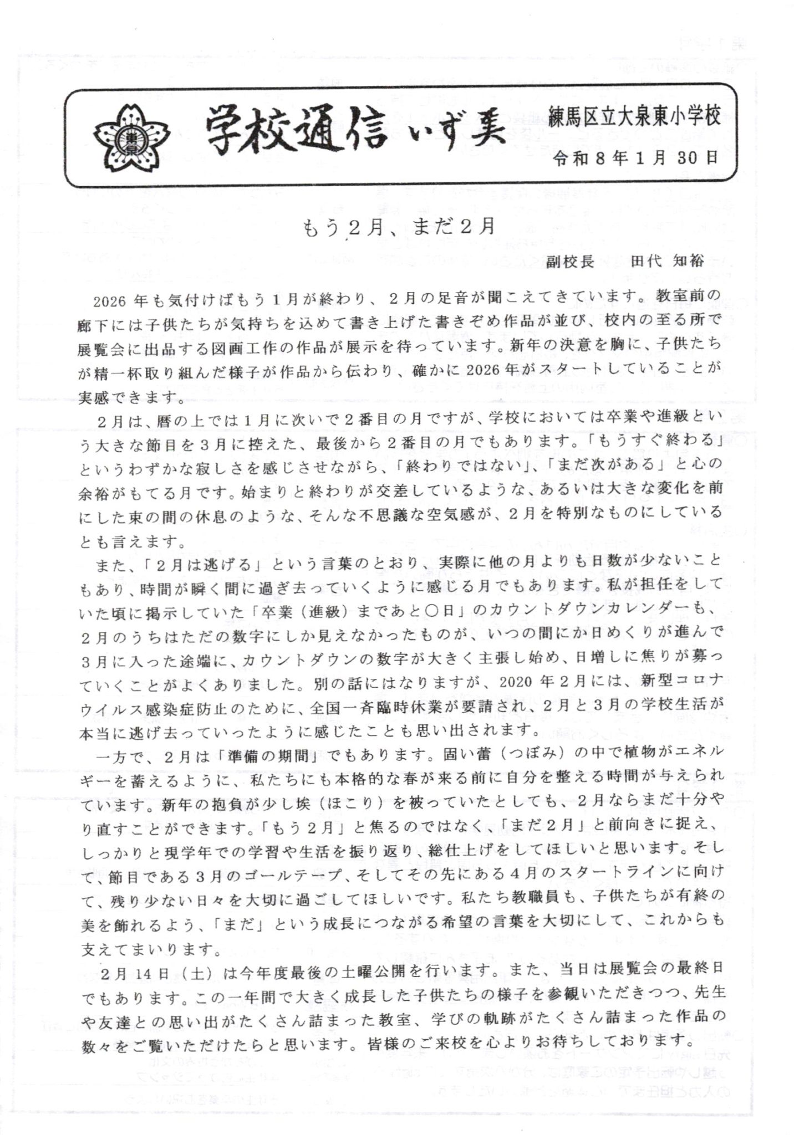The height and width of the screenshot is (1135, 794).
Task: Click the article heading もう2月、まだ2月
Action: (398, 226)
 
